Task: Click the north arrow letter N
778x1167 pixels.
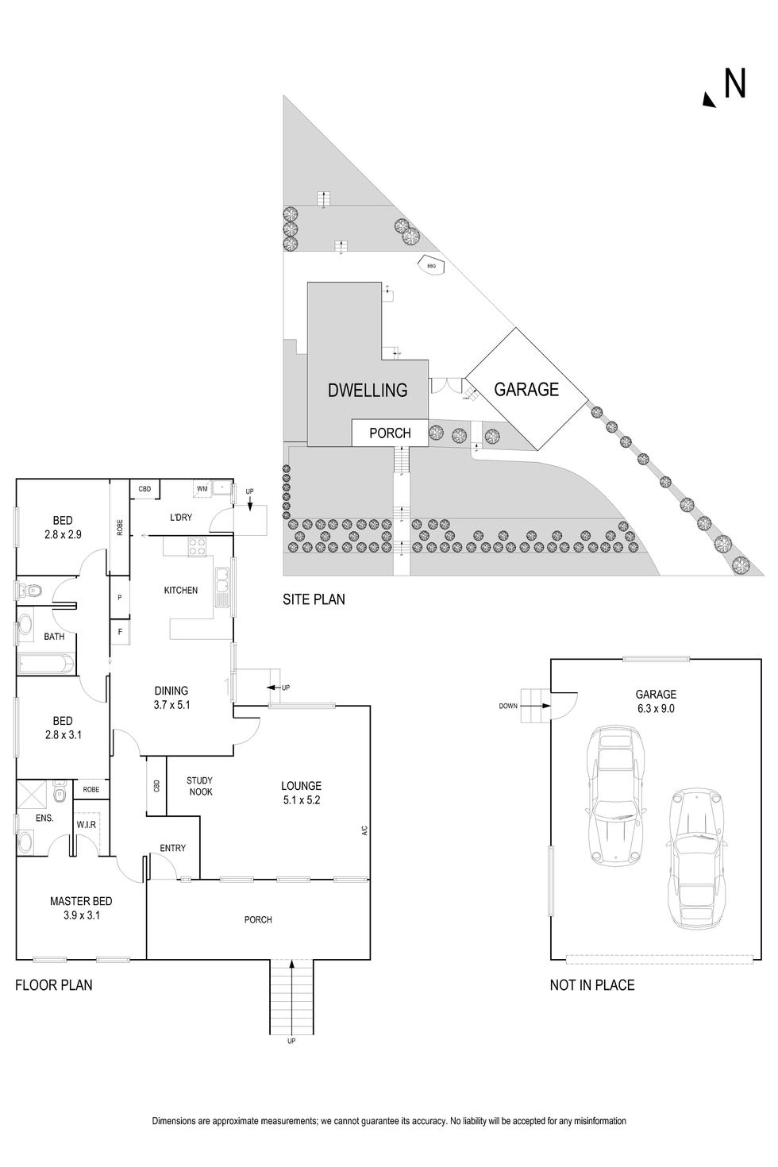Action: click(x=734, y=84)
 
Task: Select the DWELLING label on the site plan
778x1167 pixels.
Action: click(x=368, y=390)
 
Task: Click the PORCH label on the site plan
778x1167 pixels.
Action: click(x=390, y=433)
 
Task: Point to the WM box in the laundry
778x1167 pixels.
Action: click(x=202, y=489)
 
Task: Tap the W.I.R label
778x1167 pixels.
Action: click(x=86, y=825)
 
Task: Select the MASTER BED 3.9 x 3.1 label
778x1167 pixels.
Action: click(x=81, y=907)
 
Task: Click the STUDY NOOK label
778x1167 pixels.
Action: click(x=200, y=786)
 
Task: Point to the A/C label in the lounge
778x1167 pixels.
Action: click(x=364, y=830)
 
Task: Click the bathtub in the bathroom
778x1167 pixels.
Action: click(x=46, y=663)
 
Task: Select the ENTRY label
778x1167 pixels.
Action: click(x=172, y=848)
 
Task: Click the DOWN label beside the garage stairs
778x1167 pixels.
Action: click(x=508, y=705)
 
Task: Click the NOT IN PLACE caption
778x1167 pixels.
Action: click(x=591, y=985)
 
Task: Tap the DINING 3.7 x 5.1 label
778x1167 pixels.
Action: click(x=171, y=697)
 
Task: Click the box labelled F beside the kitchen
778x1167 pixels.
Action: click(x=120, y=632)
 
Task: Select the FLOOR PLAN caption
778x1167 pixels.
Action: click(x=54, y=985)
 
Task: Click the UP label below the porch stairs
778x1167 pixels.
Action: click(x=291, y=1041)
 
